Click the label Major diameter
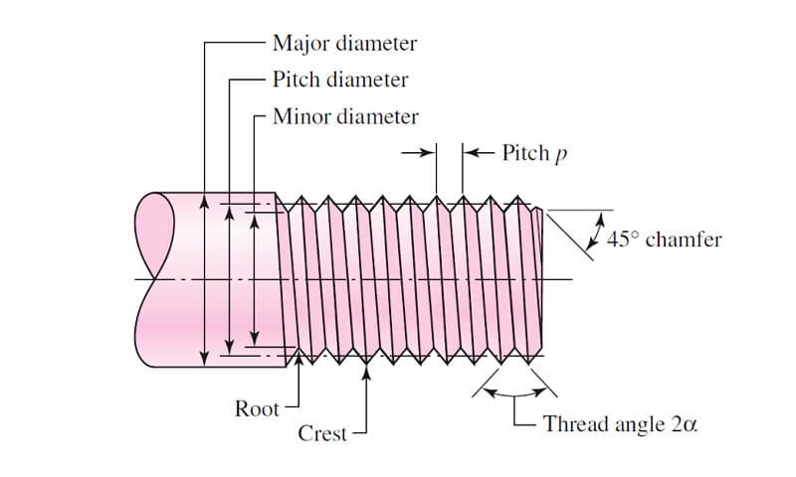pos(344,43)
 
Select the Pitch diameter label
pos(339,79)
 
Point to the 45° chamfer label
pos(664,239)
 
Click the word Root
pos(257,407)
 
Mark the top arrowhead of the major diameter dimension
pos(205,200)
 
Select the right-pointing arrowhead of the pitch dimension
pos(430,152)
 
